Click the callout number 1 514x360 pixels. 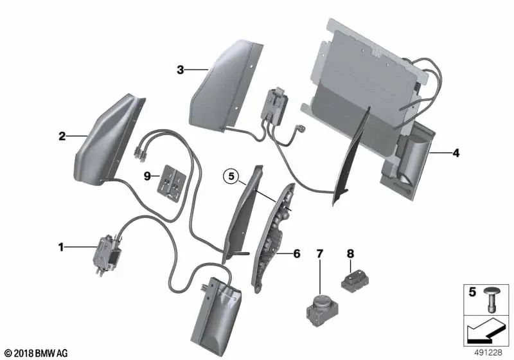click(x=62, y=246)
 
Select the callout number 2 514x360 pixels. click(x=62, y=136)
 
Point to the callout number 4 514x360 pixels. click(x=456, y=153)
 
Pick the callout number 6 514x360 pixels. click(x=296, y=254)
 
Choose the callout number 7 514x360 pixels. click(x=319, y=253)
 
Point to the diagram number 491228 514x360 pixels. click(x=489, y=353)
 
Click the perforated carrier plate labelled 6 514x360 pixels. click(x=275, y=238)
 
